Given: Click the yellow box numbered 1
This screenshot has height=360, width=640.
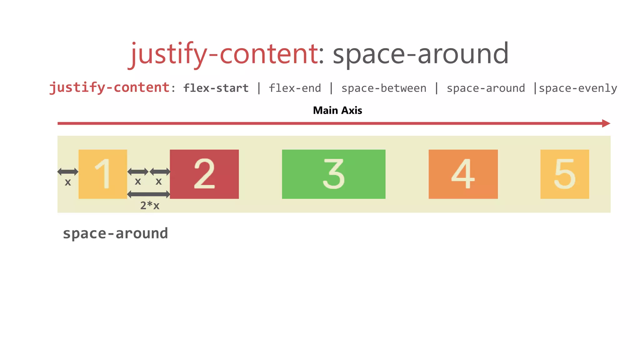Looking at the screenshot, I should [x=102, y=174].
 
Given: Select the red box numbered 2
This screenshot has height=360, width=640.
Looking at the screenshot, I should [x=204, y=174].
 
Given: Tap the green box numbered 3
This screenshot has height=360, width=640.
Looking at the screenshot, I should [x=333, y=174].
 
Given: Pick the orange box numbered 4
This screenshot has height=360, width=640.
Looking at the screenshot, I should [x=463, y=174].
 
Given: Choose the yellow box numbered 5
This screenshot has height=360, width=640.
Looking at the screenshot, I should [x=564, y=174].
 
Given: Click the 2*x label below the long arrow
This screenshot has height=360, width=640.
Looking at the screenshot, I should [x=150, y=206].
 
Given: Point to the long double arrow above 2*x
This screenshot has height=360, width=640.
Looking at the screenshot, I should [x=149, y=195].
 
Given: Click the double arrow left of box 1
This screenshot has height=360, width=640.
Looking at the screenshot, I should [x=68, y=172].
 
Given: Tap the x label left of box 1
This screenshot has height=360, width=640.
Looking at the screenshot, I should [x=68, y=182].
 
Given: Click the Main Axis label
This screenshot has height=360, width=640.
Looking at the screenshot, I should [x=337, y=110].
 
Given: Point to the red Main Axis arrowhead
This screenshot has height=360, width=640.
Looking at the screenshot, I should [x=606, y=123].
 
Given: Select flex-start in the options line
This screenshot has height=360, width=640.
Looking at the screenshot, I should [x=216, y=88].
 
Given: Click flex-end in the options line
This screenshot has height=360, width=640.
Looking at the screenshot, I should [x=295, y=88].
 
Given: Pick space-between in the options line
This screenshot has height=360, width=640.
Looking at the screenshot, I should [x=384, y=88].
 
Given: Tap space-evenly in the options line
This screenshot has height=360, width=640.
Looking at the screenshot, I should [x=578, y=88].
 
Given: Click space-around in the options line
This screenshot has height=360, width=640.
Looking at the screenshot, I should [x=486, y=88].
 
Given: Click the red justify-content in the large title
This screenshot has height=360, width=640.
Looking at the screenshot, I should [x=224, y=54].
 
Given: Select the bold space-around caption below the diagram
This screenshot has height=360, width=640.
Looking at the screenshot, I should [x=115, y=233].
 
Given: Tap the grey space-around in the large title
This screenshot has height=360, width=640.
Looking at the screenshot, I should [x=420, y=54].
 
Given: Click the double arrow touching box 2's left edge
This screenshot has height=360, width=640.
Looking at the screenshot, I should [x=160, y=172].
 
